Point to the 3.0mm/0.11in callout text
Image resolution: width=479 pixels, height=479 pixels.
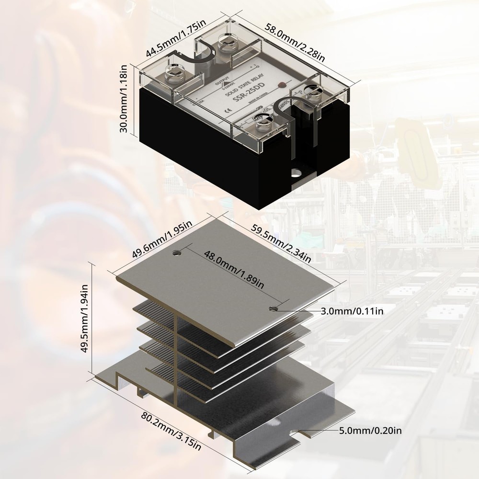352,311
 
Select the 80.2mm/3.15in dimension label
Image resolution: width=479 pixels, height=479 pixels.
170,430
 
